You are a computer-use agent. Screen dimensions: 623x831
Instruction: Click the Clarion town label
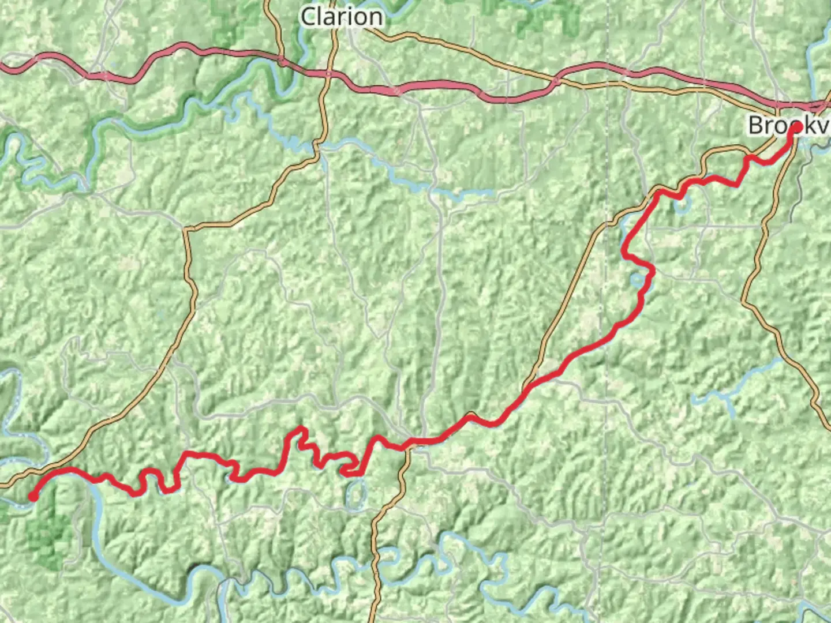342,17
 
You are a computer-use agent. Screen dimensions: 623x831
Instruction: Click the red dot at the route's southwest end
33,497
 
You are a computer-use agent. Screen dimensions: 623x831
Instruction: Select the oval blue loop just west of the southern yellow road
357,493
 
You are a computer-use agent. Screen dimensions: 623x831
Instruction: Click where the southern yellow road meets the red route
407,445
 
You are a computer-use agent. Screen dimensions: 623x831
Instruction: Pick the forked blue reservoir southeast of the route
733,386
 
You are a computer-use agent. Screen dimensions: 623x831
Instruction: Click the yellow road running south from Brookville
762,242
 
